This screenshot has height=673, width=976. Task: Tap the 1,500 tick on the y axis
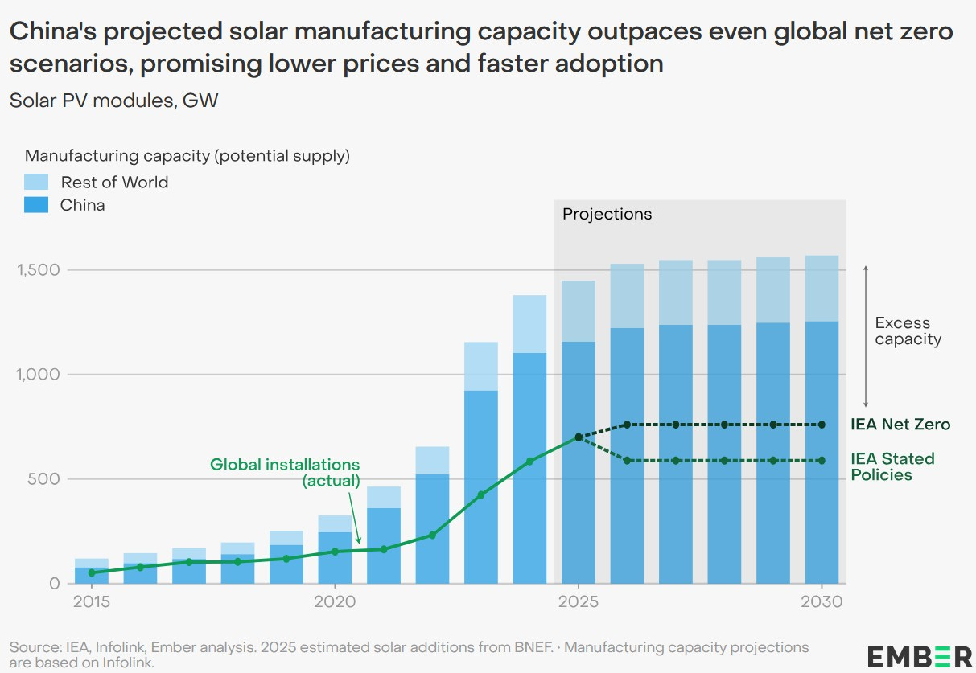coord(38,270)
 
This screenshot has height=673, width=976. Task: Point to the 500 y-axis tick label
coord(46,479)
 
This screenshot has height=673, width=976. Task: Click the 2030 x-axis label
coord(822,602)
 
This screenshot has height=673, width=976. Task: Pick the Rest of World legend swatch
coord(36,182)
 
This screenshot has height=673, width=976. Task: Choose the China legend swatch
coord(36,205)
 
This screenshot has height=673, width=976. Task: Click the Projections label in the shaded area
coord(607,215)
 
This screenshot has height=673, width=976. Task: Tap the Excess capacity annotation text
coord(908,331)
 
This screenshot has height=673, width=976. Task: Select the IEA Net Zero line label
coord(900,425)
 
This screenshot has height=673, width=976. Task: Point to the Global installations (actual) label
coord(285,473)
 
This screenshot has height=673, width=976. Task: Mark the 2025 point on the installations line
coord(579,437)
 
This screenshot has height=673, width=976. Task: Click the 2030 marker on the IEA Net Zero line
coord(822,425)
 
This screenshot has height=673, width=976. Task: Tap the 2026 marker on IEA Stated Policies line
coord(628,461)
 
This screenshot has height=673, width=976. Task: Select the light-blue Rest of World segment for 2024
coord(529,324)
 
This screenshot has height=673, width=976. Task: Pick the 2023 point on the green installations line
coord(481,494)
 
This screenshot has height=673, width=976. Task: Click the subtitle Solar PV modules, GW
coord(113,101)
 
